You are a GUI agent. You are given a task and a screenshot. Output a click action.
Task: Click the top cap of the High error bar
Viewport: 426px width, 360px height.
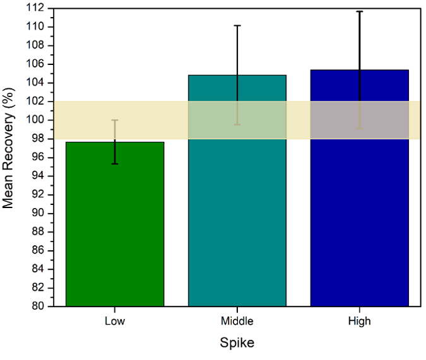click(x=360, y=11)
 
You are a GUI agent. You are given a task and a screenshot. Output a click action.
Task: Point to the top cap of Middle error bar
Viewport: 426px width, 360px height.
click(x=237, y=25)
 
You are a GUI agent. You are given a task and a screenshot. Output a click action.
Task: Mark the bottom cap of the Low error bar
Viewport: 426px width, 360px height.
click(x=115, y=164)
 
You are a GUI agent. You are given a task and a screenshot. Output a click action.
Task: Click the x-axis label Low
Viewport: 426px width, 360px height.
click(x=115, y=321)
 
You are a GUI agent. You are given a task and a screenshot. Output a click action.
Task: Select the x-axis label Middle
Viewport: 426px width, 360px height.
click(x=237, y=321)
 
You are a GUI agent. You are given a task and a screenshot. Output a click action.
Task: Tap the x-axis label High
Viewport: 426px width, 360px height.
click(x=360, y=321)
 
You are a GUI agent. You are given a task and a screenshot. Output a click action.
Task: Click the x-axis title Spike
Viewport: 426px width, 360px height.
click(x=237, y=342)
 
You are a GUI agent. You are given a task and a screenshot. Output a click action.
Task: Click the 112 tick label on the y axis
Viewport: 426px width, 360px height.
click(x=35, y=8)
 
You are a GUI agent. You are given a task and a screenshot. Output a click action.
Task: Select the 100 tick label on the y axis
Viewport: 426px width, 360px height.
click(x=35, y=120)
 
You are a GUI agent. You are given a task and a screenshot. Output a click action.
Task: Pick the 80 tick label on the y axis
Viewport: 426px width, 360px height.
click(x=38, y=306)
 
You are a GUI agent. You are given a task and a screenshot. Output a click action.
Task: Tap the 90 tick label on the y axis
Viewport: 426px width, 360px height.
click(x=38, y=213)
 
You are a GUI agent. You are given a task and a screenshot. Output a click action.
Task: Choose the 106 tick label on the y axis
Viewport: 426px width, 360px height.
click(x=35, y=64)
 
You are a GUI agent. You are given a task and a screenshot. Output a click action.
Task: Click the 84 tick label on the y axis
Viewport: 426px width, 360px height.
click(x=38, y=269)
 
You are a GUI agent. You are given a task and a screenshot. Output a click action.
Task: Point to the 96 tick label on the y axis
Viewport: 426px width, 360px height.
click(x=38, y=157)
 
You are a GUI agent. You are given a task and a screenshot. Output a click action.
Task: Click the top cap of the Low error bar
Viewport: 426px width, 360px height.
click(x=115, y=120)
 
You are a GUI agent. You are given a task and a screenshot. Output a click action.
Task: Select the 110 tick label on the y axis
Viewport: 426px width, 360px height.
click(x=35, y=26)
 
